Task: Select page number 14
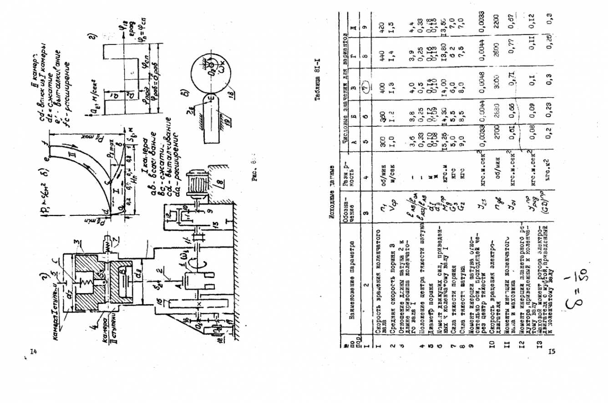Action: point(33,351)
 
